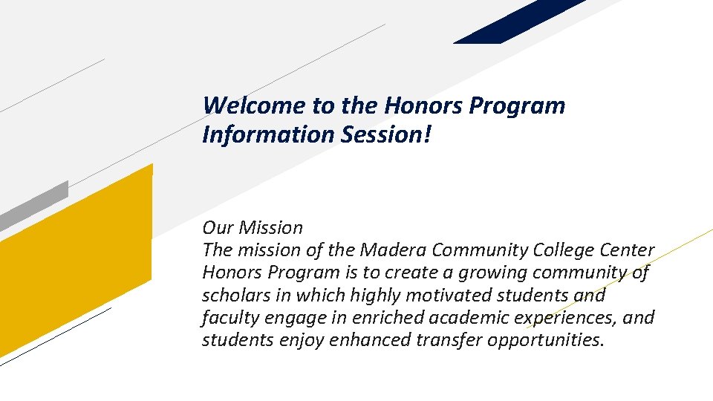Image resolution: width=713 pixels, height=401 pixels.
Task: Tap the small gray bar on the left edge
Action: pos(33,206)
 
